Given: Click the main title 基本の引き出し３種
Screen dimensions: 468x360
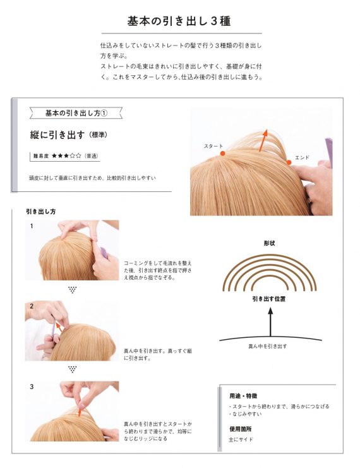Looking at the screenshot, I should pos(179,20).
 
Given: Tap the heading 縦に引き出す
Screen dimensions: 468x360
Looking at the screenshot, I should pos(57,135).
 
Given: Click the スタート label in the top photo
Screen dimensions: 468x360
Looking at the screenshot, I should pos(213,146).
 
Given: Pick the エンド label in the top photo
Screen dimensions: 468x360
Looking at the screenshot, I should pos(303,157).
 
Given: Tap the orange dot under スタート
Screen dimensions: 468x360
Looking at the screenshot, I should pos(222,153).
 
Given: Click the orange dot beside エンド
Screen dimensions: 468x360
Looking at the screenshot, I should pos(289,162).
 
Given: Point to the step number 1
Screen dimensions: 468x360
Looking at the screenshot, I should pos(31,225).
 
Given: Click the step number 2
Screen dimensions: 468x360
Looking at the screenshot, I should pos(31,306).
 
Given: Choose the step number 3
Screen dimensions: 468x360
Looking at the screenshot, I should pos(31,386).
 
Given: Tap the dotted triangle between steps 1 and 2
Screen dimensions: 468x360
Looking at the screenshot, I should pos(72,290).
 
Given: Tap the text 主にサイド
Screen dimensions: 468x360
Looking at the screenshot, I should pos(241,439).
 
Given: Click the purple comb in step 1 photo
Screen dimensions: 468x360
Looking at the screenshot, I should pos(104,251).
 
